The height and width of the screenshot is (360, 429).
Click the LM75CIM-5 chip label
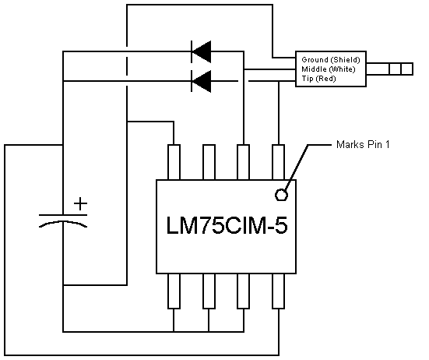click(x=227, y=225)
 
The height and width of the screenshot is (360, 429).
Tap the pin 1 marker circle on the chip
click(x=281, y=195)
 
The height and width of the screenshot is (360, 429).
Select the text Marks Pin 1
click(x=363, y=144)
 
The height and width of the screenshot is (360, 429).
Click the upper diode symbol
click(x=201, y=51)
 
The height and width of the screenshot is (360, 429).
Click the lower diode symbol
click(x=201, y=81)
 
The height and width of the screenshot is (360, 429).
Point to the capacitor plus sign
click(x=80, y=204)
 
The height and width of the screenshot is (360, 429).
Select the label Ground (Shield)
click(x=330, y=60)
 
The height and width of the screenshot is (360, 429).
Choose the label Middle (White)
click(x=329, y=69)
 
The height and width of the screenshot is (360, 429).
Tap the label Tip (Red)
click(x=318, y=79)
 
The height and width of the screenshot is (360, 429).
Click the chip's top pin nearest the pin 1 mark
click(x=279, y=162)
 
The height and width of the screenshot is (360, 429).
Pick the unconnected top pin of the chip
click(x=209, y=162)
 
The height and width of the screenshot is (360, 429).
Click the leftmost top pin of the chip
click(x=174, y=162)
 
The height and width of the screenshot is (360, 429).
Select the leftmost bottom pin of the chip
click(x=174, y=291)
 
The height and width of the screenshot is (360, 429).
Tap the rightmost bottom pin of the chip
click(x=279, y=291)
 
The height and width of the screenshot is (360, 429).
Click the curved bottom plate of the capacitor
click(x=63, y=222)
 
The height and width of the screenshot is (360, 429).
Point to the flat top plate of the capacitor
click(x=63, y=215)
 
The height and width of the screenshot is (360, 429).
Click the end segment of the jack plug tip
click(x=407, y=69)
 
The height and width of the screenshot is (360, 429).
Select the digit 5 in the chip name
click(x=281, y=225)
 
